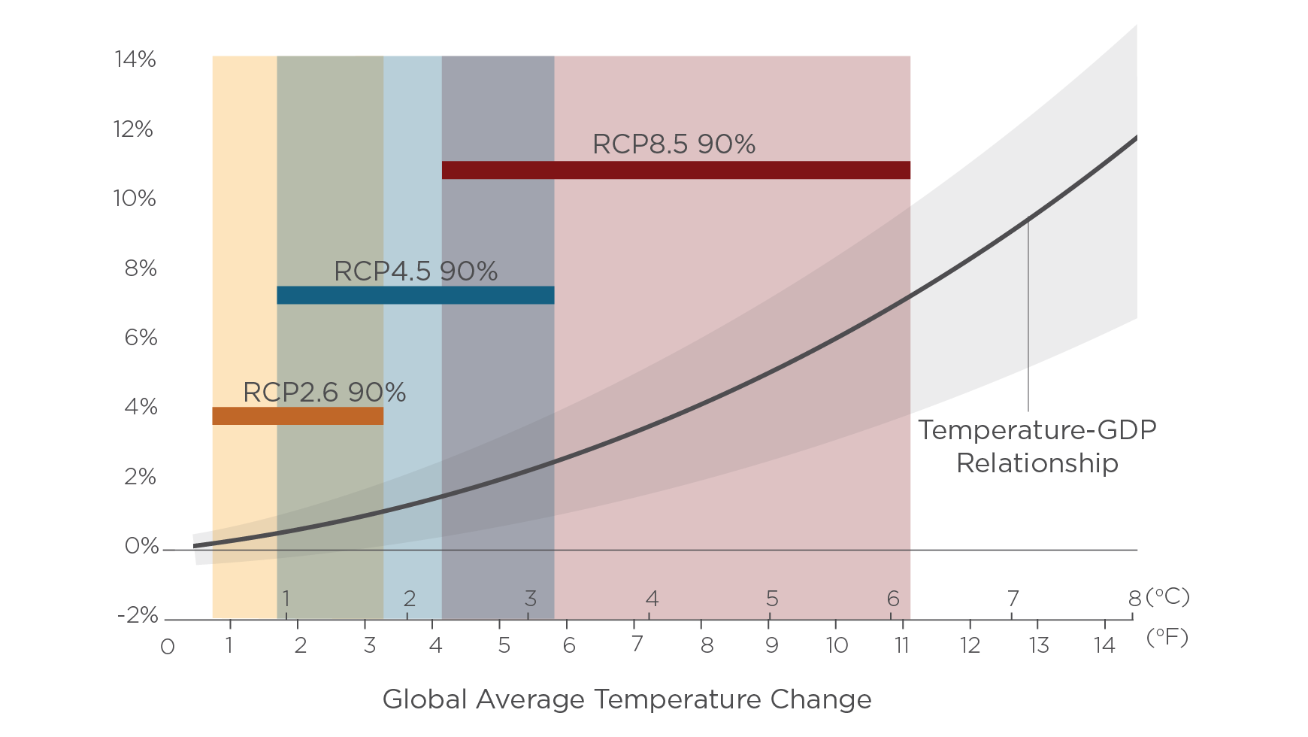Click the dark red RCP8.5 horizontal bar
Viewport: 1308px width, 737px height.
tap(676, 170)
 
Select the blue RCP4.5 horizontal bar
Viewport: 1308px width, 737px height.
tap(415, 295)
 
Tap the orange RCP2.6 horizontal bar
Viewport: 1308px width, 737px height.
tap(297, 416)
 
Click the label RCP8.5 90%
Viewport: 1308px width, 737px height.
tap(674, 144)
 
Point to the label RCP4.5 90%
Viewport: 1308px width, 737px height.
tap(415, 271)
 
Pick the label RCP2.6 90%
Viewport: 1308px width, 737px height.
tap(324, 392)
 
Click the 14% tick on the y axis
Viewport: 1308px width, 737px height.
tap(135, 59)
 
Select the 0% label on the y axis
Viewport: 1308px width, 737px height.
tap(141, 546)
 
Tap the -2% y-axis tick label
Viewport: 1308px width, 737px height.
tap(138, 615)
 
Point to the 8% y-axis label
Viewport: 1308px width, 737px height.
tap(141, 268)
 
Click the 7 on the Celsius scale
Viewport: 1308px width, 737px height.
tap(1013, 599)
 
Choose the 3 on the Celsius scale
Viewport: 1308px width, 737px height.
tap(530, 599)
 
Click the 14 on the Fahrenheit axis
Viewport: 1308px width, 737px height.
tap(1104, 645)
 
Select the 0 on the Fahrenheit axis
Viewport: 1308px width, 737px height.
tap(168, 647)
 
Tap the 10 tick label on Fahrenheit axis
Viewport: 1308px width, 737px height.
tap(836, 645)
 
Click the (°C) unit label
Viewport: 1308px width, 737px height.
tap(1167, 597)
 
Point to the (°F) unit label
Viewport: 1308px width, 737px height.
tap(1167, 638)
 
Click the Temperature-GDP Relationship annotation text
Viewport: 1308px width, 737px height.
tap(1037, 446)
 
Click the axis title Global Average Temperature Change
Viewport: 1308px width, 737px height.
tap(627, 699)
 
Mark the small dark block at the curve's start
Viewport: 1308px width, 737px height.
tap(203, 548)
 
